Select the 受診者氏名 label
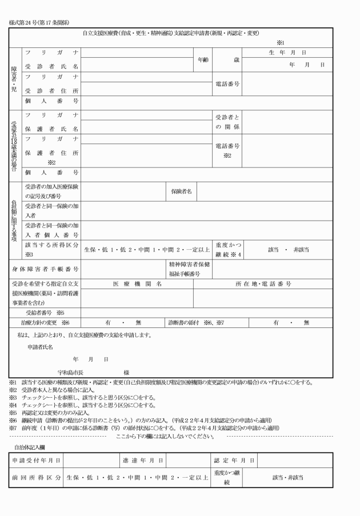click(51, 66)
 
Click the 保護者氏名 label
click(51, 129)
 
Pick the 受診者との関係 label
click(227, 121)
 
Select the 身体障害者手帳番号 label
click(51, 268)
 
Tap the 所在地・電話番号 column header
click(263, 283)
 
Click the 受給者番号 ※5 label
click(45, 313)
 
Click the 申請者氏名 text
click(41, 347)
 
